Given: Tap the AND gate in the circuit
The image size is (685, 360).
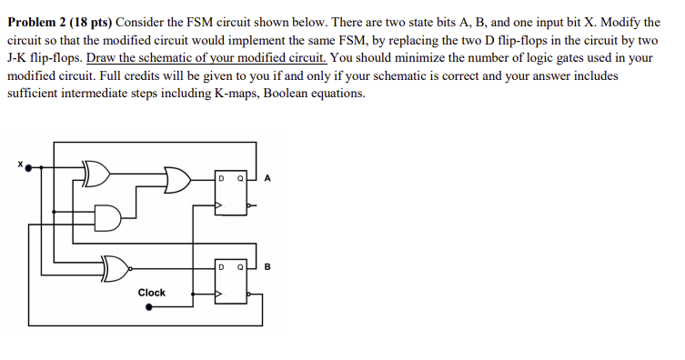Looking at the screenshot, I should point(108,218).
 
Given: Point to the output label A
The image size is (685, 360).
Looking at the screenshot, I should point(267,178).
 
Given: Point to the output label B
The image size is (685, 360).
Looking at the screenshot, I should point(268,267).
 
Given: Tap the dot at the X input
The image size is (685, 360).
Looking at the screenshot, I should point(27,167).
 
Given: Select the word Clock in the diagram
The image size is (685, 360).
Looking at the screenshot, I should point(151,293).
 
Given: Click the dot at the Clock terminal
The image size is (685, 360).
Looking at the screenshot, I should point(151,309).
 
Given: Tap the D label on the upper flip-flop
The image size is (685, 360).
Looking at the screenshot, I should point(222,179).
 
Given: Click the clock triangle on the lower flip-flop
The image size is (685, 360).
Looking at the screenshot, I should point(219,295).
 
